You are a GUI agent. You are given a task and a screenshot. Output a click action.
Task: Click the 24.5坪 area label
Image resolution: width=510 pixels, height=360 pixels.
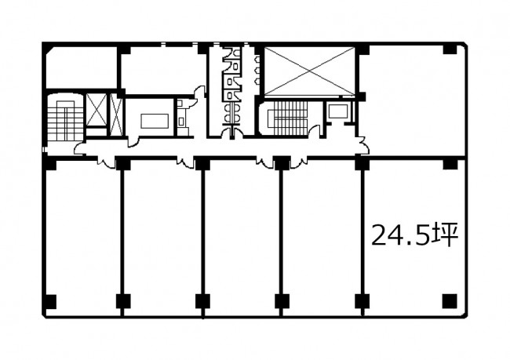click(415, 235)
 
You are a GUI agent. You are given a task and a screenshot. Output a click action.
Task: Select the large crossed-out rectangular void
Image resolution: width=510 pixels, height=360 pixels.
click(309, 71)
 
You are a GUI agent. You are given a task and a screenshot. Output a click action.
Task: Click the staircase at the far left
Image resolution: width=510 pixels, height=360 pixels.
click(65, 118)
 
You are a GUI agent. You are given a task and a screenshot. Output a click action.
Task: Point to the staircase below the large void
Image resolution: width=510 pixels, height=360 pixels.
click(287, 118)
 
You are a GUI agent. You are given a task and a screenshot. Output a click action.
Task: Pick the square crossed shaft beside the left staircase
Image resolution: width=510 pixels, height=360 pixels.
click(97, 110)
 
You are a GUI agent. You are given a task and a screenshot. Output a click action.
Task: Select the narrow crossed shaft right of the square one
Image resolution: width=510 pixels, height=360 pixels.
click(116, 115)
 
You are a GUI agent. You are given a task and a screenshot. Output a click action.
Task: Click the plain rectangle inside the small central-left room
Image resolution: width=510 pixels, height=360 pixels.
click(155, 121)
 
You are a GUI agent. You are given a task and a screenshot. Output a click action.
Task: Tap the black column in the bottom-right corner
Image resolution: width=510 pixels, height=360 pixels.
click(450, 301)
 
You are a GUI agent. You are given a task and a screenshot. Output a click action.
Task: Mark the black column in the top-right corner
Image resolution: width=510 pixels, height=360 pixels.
click(450, 49)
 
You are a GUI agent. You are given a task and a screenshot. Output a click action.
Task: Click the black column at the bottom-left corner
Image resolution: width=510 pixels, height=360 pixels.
click(50, 301)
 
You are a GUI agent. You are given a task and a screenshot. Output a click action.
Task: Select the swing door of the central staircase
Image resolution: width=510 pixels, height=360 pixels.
click(315, 132)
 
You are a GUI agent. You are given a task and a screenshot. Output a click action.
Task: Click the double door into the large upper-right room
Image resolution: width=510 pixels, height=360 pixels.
click(363, 145)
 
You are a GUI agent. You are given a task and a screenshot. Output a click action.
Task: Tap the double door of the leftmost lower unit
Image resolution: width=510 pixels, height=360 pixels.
click(107, 162)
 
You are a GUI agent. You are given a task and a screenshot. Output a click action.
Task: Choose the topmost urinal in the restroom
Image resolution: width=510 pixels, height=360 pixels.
click(257, 60)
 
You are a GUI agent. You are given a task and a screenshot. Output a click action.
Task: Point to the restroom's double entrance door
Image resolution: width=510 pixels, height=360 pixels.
click(232, 133)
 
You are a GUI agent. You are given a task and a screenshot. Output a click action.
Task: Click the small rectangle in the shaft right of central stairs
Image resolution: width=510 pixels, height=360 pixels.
click(337, 111)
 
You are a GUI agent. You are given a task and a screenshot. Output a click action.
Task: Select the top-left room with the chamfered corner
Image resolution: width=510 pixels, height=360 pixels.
click(82, 67)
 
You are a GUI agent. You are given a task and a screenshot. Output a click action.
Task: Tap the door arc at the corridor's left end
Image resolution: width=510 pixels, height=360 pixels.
click(80, 148)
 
